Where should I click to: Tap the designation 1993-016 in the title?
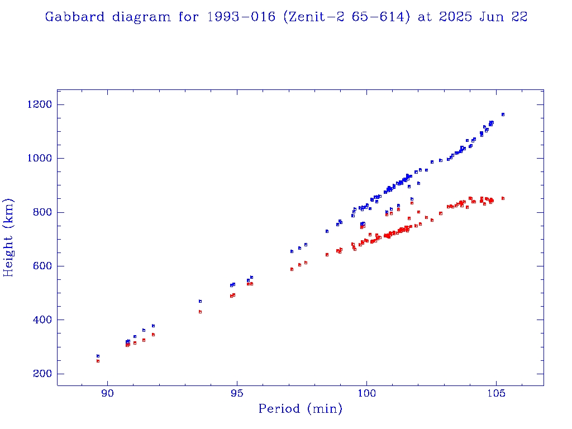(x=241, y=17)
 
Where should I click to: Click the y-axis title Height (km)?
(x=9, y=237)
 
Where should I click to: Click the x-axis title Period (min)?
(x=300, y=409)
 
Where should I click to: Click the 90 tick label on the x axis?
(x=107, y=393)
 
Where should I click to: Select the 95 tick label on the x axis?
(x=237, y=393)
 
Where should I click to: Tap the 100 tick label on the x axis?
(x=366, y=393)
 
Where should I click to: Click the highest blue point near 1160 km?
(x=503, y=115)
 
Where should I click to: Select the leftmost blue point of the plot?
(x=98, y=356)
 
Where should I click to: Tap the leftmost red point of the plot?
(x=98, y=361)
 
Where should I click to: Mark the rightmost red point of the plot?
(x=503, y=198)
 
